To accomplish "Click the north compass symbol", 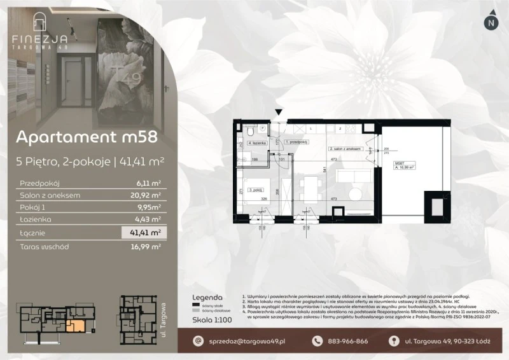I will click(489, 22).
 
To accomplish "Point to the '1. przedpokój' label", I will click(296, 142).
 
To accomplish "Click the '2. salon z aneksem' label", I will click(345, 148).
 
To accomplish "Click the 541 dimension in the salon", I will click(324, 169).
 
